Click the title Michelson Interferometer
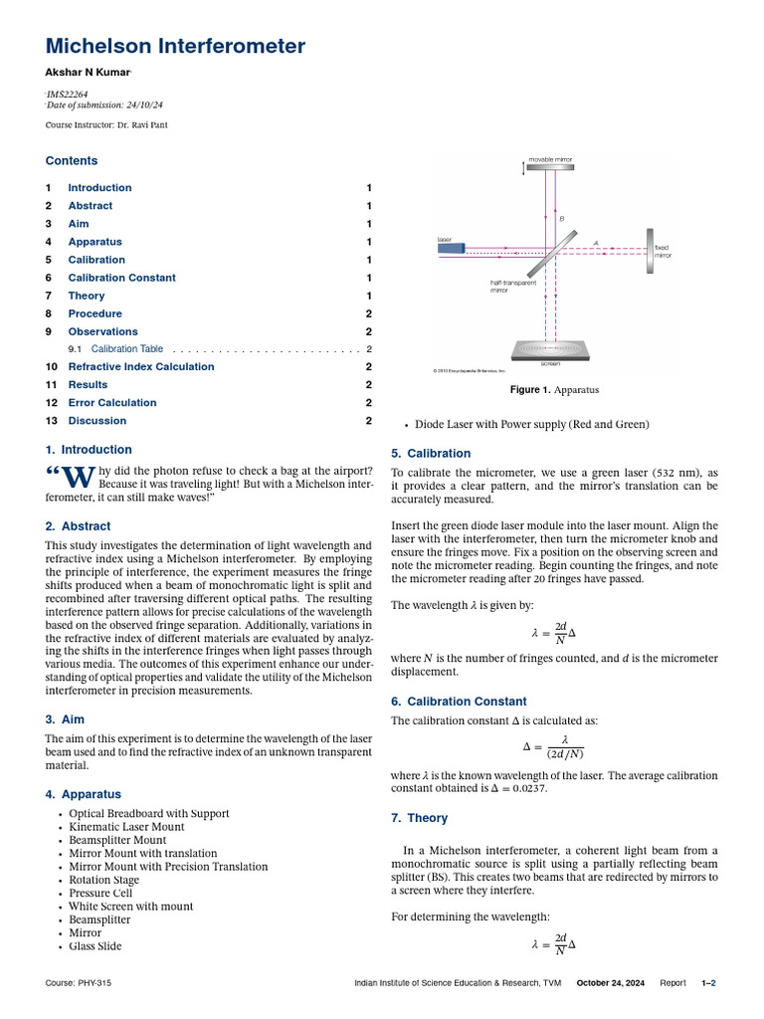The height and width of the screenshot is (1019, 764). click(x=175, y=46)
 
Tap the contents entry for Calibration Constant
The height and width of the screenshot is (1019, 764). click(x=121, y=278)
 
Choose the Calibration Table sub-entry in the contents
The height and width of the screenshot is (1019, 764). click(x=127, y=349)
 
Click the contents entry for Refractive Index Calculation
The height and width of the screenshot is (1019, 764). click(x=140, y=366)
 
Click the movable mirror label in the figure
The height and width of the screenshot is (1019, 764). click(x=550, y=159)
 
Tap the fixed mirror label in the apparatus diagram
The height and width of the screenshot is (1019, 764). click(x=662, y=251)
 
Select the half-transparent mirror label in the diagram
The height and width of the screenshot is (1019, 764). click(x=512, y=286)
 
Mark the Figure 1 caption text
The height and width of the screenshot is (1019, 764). click(x=554, y=390)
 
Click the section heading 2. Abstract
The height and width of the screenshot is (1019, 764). click(x=78, y=525)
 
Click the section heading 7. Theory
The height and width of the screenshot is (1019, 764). click(x=420, y=818)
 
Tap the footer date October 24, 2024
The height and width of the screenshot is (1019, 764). click(x=611, y=983)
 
